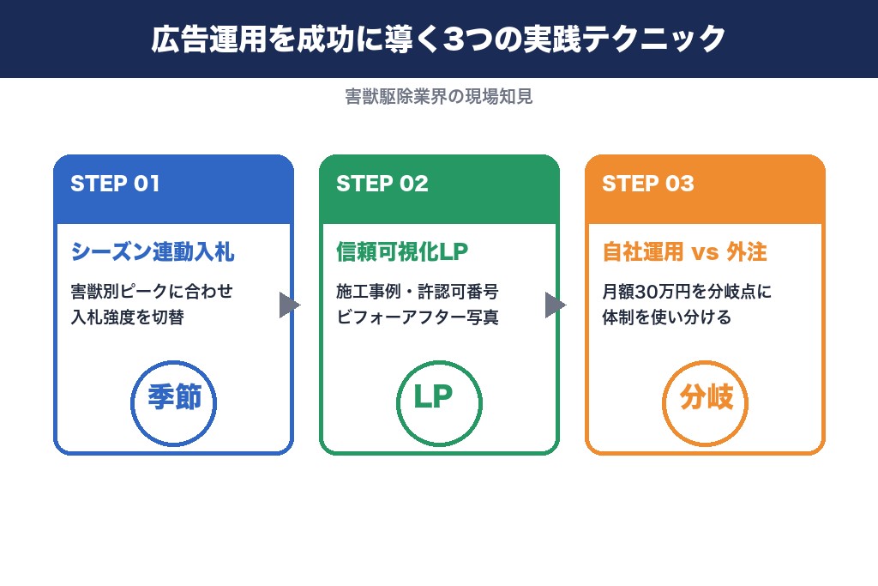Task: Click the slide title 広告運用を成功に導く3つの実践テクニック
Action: tap(439, 39)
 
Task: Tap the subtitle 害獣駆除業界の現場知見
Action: tap(439, 97)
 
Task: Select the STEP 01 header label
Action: tap(115, 184)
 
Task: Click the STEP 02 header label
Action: tap(382, 184)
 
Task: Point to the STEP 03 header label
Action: tap(647, 184)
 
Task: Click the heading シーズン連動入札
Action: tap(153, 252)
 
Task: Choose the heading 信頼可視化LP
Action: tap(402, 252)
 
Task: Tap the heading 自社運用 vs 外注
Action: tap(683, 252)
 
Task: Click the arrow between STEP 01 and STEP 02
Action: tap(290, 305)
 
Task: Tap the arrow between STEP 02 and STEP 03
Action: tap(556, 305)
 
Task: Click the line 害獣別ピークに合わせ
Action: tap(152, 292)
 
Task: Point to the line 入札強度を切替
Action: tap(128, 317)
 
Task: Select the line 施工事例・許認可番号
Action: tap(417, 292)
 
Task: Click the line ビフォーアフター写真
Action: tap(417, 317)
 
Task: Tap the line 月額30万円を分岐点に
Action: tap(687, 292)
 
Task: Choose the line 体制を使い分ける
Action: tap(666, 317)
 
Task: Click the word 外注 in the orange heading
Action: tap(746, 252)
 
